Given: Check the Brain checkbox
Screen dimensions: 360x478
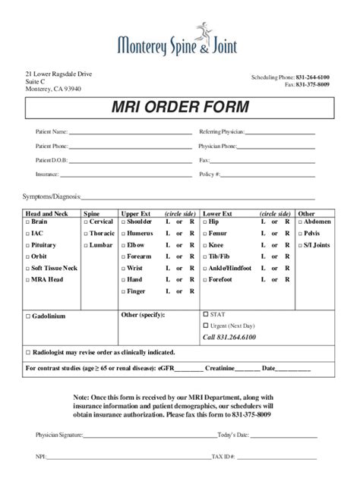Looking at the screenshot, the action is tap(28, 222).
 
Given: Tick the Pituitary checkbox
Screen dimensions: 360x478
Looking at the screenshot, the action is tap(28, 246).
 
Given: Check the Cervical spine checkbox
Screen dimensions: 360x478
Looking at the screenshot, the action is tap(85, 222).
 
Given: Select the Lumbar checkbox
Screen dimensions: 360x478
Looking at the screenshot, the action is tap(85, 246).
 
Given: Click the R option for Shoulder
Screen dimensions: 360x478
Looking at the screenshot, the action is tap(191, 222).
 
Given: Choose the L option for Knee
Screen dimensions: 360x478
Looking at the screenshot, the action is tap(264, 246).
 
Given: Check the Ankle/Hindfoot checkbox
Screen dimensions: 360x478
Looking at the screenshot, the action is tap(206, 269).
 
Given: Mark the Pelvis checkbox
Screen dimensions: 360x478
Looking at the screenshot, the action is tap(301, 234).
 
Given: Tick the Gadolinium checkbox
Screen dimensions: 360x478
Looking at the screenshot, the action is tap(28, 315).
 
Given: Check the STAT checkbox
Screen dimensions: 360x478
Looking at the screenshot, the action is tap(206, 313).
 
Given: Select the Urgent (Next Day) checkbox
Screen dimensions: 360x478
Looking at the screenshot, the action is tap(206, 325).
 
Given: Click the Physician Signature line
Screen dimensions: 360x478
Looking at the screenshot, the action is tap(149, 436).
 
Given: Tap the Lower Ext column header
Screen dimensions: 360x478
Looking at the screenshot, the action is tap(217, 214).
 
